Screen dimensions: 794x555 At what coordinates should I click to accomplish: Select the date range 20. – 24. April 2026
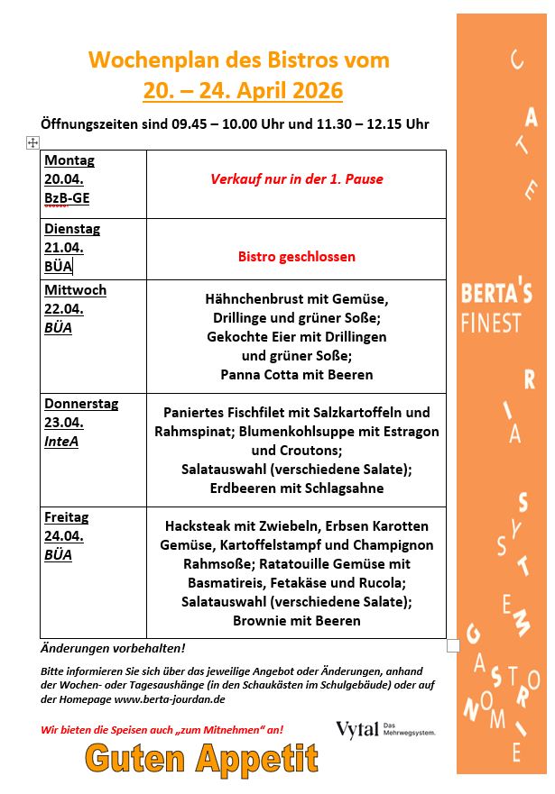[243, 91]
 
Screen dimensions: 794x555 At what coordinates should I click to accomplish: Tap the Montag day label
[69, 160]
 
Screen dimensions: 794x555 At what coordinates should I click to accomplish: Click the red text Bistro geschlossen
[297, 256]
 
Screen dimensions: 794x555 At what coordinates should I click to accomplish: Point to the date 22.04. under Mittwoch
[64, 309]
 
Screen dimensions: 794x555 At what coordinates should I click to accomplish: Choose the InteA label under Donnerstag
[61, 442]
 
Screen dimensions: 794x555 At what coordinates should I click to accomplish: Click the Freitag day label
[67, 517]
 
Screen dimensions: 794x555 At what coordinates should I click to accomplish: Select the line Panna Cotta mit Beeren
[296, 374]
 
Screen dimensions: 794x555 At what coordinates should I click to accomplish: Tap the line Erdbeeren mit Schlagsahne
[296, 488]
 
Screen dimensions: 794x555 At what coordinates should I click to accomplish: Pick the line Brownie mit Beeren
[296, 620]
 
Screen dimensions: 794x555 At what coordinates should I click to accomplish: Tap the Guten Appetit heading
[201, 760]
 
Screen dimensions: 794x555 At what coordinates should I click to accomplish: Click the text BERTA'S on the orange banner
[496, 294]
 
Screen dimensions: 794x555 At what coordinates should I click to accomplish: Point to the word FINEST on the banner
[492, 323]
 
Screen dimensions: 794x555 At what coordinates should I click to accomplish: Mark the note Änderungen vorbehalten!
[113, 648]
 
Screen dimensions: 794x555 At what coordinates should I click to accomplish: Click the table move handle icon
[32, 142]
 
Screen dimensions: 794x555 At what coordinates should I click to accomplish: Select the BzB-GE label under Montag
[68, 198]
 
